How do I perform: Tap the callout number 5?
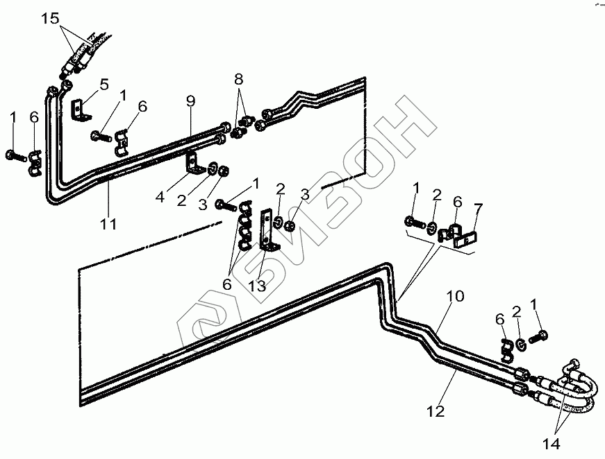[103, 85]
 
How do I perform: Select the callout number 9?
[190, 101]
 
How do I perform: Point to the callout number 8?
[239, 78]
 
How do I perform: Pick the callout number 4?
[160, 197]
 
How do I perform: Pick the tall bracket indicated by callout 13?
[267, 229]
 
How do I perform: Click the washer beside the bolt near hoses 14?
[519, 343]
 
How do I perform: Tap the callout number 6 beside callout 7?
[456, 202]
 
